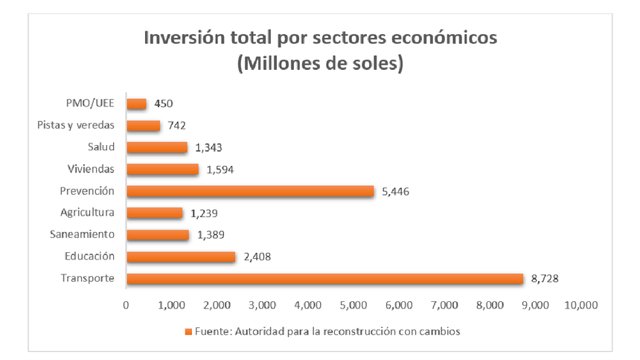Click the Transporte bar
pos(325,279)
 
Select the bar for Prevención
pos(250,191)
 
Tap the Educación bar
pos(181,257)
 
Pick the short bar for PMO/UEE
pos(137,104)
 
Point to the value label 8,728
pos(545,279)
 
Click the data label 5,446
pos(395,192)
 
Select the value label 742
pos(176,126)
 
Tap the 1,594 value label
pos(220,170)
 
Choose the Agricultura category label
pos(87,213)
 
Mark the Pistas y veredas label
pos(75,126)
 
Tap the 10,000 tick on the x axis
pos(580,305)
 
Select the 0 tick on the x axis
pos(127,305)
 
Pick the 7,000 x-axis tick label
pos(444,305)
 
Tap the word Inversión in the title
pos(185,37)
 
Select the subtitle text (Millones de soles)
pos(320,64)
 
